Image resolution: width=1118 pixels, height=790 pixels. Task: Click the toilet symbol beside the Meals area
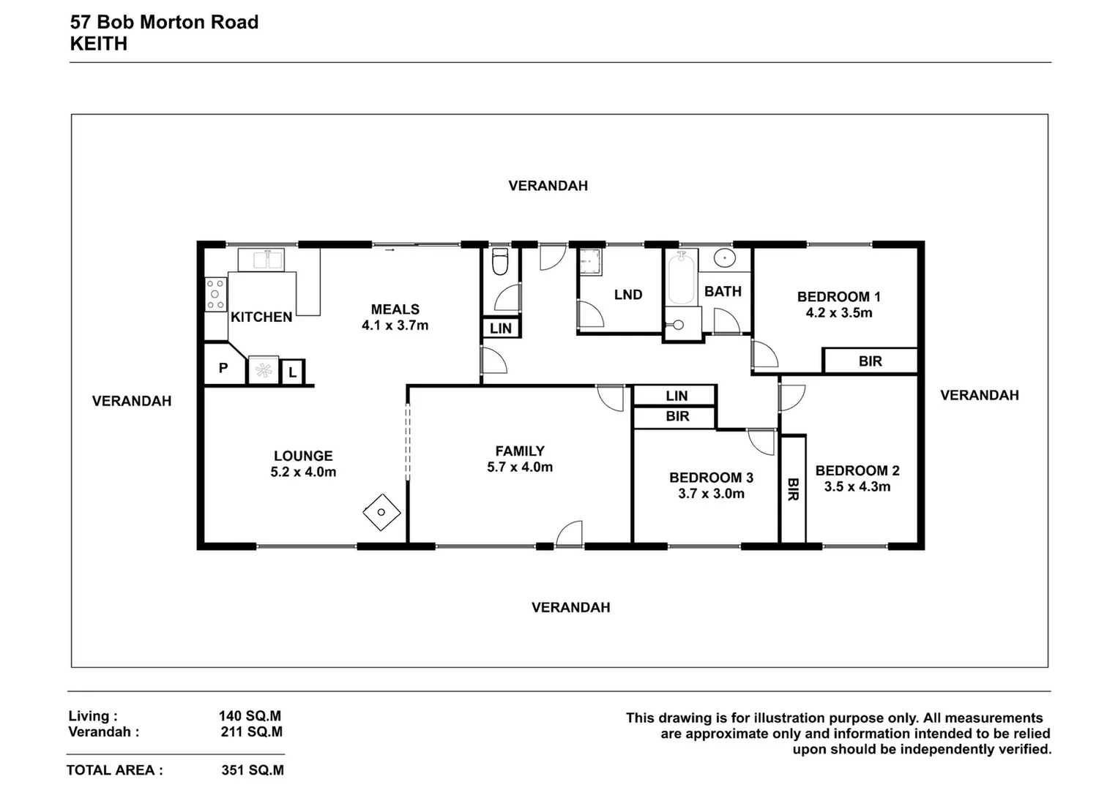point(501,262)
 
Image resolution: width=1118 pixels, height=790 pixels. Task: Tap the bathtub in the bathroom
point(682,278)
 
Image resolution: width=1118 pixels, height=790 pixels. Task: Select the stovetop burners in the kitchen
point(215,295)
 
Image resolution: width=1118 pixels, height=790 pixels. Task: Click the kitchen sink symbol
point(261,260)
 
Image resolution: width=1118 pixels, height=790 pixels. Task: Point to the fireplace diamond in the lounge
point(381,512)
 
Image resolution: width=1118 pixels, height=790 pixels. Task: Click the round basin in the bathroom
point(725,258)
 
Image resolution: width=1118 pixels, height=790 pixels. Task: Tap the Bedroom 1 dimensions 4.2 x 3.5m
point(839,313)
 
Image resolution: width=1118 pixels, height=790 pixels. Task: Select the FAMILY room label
point(520,451)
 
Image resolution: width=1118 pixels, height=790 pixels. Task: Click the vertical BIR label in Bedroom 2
point(792,489)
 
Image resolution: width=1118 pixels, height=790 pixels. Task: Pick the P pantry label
point(223,368)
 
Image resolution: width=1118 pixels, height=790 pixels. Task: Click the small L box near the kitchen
point(292,372)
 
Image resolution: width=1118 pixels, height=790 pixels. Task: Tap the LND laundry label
point(628,295)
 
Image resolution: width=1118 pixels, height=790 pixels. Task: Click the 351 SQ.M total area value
point(253,770)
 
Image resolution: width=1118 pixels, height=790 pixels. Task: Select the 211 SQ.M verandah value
point(252,731)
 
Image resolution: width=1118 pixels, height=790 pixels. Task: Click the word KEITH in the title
point(99,44)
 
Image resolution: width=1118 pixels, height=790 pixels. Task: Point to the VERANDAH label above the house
point(548,186)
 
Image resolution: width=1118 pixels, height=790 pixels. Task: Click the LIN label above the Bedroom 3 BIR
point(677,396)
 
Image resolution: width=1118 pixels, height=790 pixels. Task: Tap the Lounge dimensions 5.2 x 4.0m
point(303,473)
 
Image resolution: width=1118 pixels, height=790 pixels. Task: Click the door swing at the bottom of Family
point(570,534)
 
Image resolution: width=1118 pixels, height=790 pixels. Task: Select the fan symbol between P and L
point(263,371)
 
